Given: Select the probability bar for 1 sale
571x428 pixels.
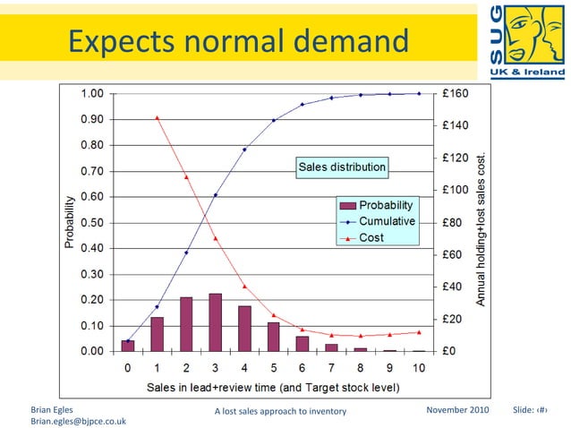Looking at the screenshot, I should click(157, 334).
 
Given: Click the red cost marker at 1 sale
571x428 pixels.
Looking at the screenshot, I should click(157, 117).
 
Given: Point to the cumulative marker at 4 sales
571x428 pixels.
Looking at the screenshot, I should click(244, 150).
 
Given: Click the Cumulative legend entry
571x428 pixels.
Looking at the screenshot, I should click(387, 221).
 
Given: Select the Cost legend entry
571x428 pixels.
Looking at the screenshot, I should click(371, 237).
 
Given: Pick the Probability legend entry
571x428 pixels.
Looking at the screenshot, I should click(385, 205).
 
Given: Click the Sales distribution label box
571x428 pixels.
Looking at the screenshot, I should click(342, 167).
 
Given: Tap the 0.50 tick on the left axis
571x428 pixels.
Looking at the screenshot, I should click(92, 222).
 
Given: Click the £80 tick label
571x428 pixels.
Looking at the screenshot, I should click(452, 222).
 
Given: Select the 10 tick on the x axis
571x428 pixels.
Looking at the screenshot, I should click(419, 368).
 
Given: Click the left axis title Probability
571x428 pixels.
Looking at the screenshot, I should click(69, 222).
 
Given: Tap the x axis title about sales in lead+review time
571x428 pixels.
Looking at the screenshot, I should click(273, 387).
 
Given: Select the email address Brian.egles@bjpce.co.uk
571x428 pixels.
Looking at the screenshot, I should click(78, 420).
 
